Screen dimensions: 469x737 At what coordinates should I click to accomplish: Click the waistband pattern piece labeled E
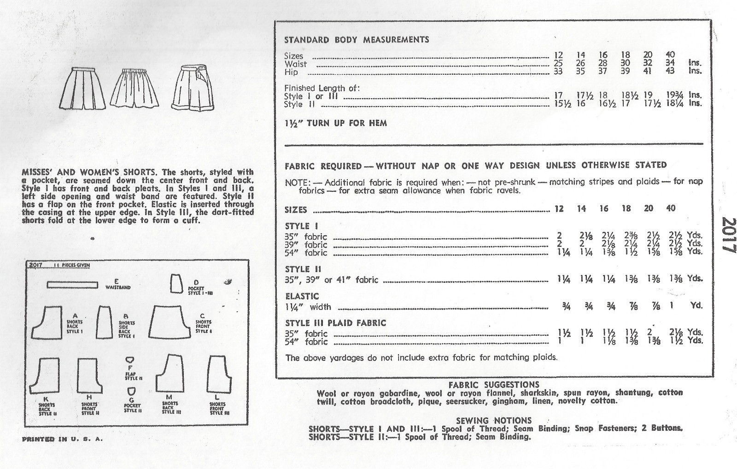74,285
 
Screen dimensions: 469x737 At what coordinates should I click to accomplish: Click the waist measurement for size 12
558,63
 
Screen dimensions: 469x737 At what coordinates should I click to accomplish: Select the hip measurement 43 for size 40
671,71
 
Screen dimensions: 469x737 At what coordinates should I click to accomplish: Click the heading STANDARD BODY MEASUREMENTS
357,40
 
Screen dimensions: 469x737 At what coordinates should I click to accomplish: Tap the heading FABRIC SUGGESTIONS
493,385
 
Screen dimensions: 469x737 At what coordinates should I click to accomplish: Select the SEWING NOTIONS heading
493,420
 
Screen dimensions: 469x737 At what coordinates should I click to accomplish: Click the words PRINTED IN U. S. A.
62,439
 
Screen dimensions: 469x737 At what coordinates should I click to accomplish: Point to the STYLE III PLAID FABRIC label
335,323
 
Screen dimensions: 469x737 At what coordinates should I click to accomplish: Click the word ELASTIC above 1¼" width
302,296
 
